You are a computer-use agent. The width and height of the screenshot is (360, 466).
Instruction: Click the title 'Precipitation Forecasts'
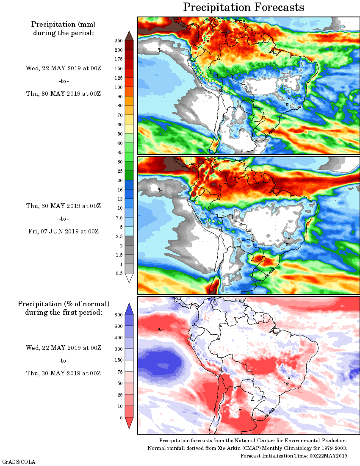tap(244, 7)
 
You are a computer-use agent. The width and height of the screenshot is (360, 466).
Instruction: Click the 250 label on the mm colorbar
tap(119, 41)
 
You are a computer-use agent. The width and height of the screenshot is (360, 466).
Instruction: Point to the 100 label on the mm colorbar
tap(119, 87)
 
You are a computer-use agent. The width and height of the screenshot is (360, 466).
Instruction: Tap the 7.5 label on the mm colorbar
tap(119, 218)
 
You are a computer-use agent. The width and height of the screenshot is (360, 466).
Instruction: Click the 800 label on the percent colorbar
tap(118, 315)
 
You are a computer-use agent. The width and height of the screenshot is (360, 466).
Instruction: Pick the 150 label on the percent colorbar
tap(119, 361)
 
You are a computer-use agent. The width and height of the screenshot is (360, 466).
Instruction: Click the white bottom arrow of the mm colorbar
tap(129, 277)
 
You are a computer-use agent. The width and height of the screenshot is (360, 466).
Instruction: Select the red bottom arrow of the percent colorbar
tap(129, 422)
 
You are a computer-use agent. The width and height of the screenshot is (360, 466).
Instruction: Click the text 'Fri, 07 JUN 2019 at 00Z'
tap(63, 231)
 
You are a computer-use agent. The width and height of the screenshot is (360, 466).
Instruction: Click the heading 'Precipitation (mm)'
tap(63, 24)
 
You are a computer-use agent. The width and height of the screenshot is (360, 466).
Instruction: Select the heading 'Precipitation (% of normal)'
tap(64, 304)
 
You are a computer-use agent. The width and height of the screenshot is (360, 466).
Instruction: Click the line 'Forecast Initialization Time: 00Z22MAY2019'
tap(294, 456)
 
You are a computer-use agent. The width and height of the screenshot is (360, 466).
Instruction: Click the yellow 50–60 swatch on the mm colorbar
tap(129, 129)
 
